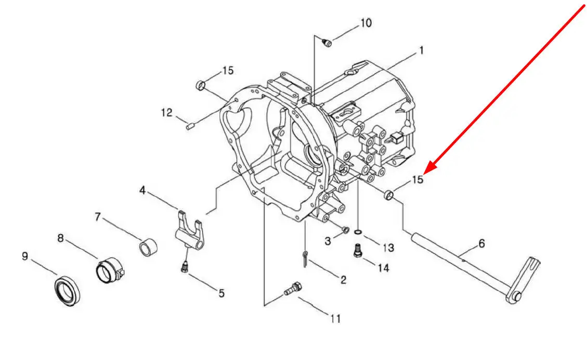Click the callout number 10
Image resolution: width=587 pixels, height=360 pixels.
coord(366,23)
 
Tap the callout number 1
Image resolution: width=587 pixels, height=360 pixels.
coord(421,50)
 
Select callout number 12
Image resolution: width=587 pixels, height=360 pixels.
coord(166,112)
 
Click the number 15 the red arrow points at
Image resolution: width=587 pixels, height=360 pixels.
coord(418,179)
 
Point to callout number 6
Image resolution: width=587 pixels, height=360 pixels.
coord(481,243)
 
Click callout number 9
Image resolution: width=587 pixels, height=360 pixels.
coord(25,256)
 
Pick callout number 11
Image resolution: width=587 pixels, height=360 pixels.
coord(335,318)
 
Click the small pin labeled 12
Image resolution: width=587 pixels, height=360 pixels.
coord(189,126)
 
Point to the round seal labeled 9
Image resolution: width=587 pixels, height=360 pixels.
coord(68,290)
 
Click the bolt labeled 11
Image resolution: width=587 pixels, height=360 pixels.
coord(292,289)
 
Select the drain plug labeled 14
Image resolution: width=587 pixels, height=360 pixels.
coord(358,250)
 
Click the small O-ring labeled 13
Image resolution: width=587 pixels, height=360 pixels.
coord(358,232)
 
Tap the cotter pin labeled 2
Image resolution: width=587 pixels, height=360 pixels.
coord(306,259)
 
